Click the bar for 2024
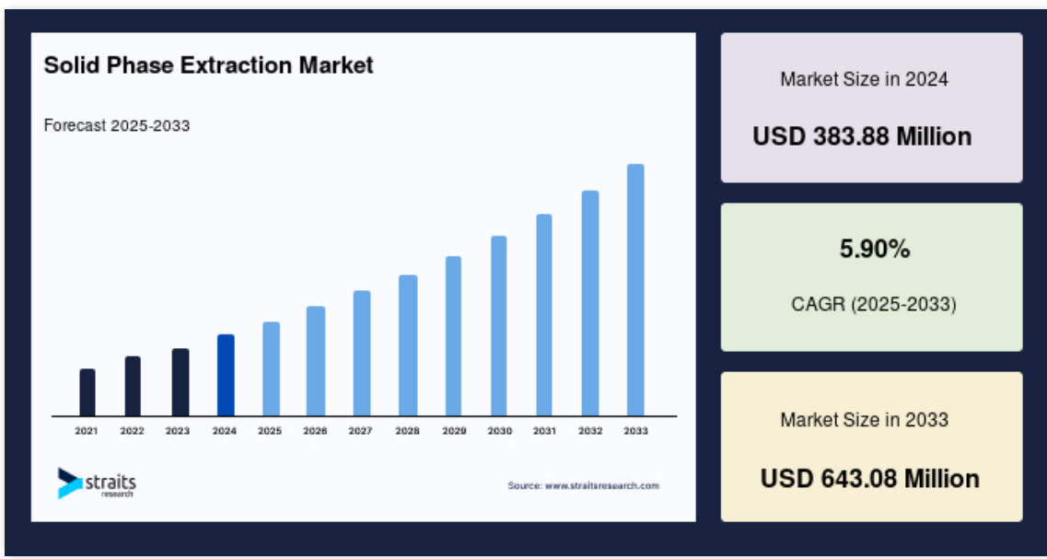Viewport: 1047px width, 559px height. pyautogui.click(x=226, y=376)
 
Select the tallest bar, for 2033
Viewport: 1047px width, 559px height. pyautogui.click(x=635, y=290)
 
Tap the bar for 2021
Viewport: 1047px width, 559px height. pyautogui.click(x=87, y=392)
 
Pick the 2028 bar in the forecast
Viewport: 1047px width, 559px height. pyautogui.click(x=408, y=345)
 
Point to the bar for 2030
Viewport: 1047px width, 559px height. pyautogui.click(x=499, y=326)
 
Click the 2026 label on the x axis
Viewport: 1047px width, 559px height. pyautogui.click(x=315, y=431)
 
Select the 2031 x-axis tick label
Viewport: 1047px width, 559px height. pyautogui.click(x=544, y=431)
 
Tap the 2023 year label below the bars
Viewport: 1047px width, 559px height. pyautogui.click(x=178, y=431)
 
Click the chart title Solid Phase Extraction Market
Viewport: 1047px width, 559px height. pyautogui.click(x=208, y=65)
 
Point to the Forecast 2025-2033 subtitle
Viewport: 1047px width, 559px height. pyautogui.click(x=117, y=125)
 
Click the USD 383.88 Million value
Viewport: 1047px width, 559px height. pyautogui.click(x=862, y=137)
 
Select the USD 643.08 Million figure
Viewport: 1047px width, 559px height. pyautogui.click(x=870, y=479)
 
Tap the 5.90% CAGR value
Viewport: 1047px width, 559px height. pyautogui.click(x=875, y=250)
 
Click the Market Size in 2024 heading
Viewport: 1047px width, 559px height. pyautogui.click(x=864, y=79)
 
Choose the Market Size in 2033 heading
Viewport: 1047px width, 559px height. pyautogui.click(x=864, y=420)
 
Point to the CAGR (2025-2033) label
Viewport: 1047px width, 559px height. pyautogui.click(x=873, y=305)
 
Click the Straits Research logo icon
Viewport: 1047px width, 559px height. pyautogui.click(x=69, y=483)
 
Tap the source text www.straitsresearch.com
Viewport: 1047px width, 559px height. pyautogui.click(x=602, y=485)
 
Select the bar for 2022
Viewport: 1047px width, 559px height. pyautogui.click(x=133, y=386)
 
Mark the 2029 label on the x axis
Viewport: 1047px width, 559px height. pyautogui.click(x=454, y=431)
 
